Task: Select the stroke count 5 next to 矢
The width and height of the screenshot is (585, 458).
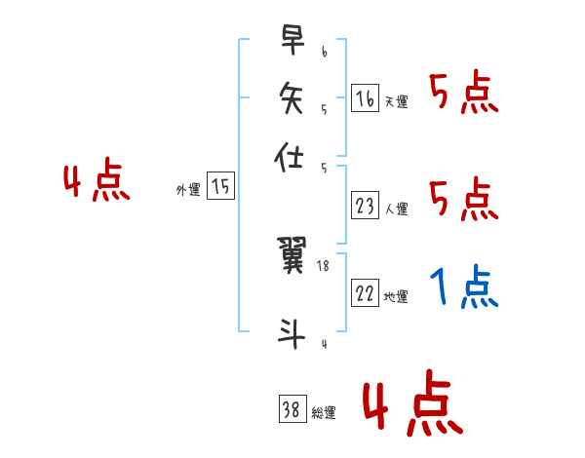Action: pos(323,109)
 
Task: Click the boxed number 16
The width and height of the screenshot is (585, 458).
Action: pos(365,98)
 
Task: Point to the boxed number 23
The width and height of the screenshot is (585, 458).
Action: pos(365,205)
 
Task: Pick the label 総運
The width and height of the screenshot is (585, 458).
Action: pos(324,413)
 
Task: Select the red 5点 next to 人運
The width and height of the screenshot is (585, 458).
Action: pos(464,200)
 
